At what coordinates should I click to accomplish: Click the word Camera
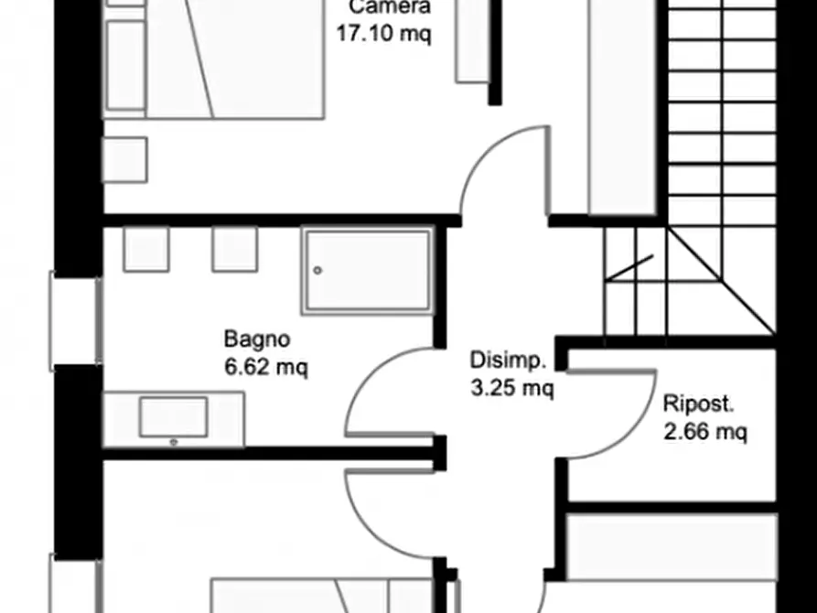tap(390, 7)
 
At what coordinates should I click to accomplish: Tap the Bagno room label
tap(257, 339)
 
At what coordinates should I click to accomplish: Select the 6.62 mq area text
tap(266, 368)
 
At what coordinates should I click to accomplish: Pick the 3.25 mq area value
tap(511, 390)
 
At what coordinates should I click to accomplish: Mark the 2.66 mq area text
tap(704, 430)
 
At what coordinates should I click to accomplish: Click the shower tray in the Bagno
tap(367, 272)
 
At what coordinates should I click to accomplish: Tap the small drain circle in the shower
tap(317, 271)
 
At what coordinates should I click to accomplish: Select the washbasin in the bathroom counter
tap(173, 417)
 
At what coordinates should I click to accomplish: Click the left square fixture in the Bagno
tap(146, 249)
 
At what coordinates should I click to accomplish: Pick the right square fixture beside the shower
tap(234, 249)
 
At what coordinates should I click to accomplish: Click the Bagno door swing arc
tap(389, 393)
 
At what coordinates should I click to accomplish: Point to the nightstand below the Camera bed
tap(124, 159)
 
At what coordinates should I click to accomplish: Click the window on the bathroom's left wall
tap(75, 319)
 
